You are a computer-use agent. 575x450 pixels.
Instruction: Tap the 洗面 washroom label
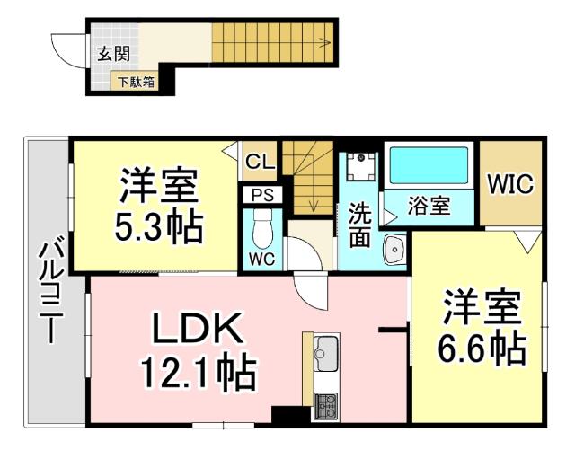(x=359, y=225)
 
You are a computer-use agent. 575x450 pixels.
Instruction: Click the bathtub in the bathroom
(x=429, y=165)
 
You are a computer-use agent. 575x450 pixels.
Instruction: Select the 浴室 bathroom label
(x=429, y=206)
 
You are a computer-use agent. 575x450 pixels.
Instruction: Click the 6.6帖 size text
(x=482, y=348)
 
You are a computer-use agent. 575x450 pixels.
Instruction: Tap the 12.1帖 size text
(x=198, y=370)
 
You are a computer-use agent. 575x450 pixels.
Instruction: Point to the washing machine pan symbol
(x=363, y=167)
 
